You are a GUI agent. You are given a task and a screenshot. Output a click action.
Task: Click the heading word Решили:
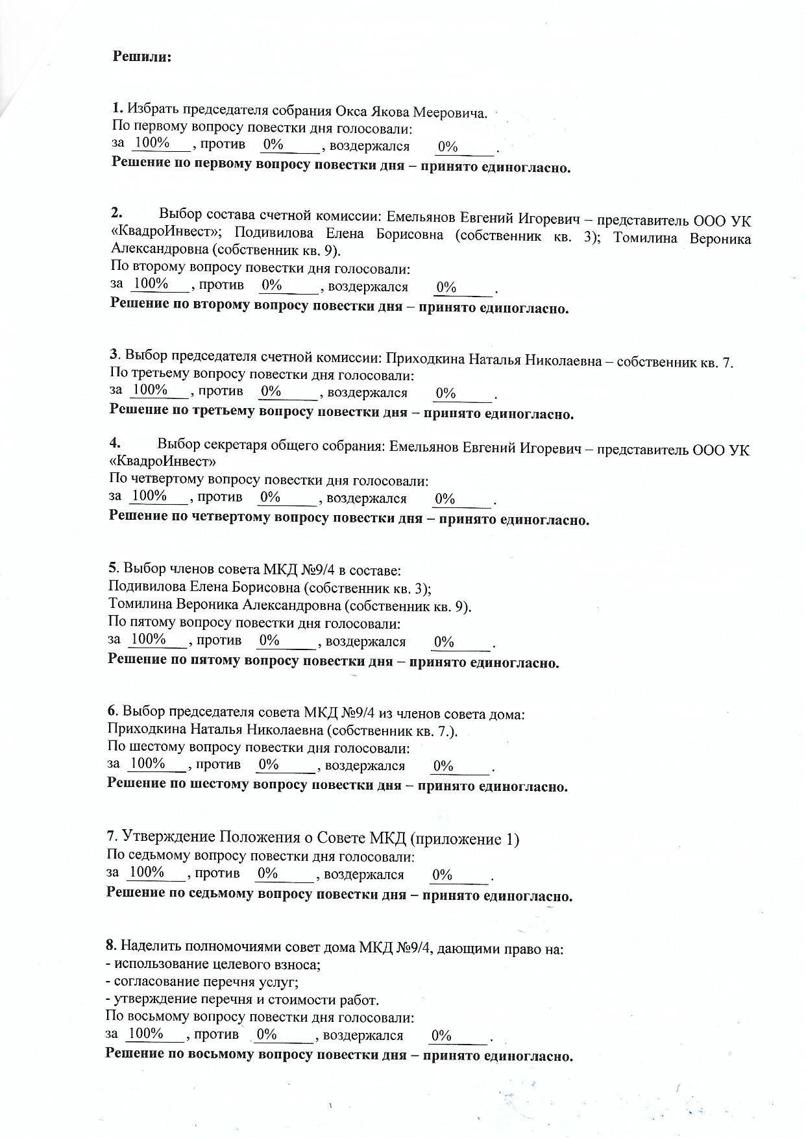tap(142, 56)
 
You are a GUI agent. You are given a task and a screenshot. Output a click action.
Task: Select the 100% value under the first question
tap(152, 143)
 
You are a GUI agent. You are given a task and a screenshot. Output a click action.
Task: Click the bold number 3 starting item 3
tap(113, 355)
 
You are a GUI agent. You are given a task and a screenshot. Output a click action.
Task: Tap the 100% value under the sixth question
tap(148, 763)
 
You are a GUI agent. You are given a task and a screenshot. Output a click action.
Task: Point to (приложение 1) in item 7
tap(465, 839)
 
